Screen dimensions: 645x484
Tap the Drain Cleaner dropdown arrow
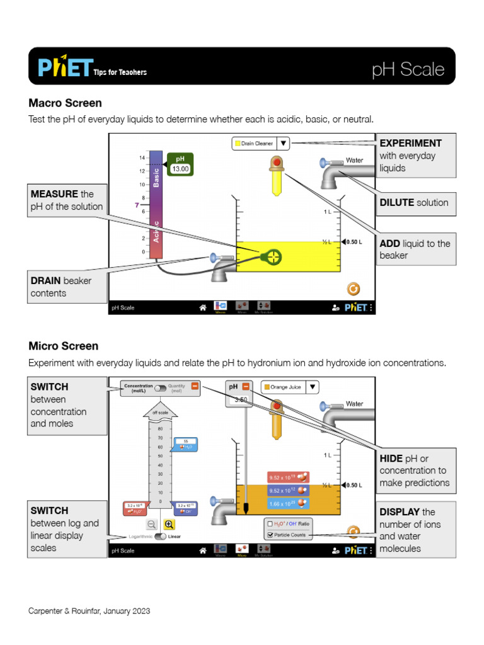point(284,144)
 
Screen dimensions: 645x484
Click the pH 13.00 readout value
point(181,169)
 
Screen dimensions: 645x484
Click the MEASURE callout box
point(66,200)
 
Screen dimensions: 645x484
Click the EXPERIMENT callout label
point(410,143)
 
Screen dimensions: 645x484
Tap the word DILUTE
point(397,202)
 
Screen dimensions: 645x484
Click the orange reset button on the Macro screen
point(354,288)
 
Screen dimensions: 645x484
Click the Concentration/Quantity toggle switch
point(160,388)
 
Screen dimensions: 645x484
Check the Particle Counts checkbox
point(270,535)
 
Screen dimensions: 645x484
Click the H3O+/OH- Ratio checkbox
point(270,523)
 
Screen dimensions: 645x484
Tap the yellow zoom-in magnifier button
point(169,523)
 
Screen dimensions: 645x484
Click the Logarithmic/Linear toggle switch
point(160,537)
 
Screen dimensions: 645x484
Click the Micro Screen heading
point(64,346)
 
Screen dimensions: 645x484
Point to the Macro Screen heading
point(65,103)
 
